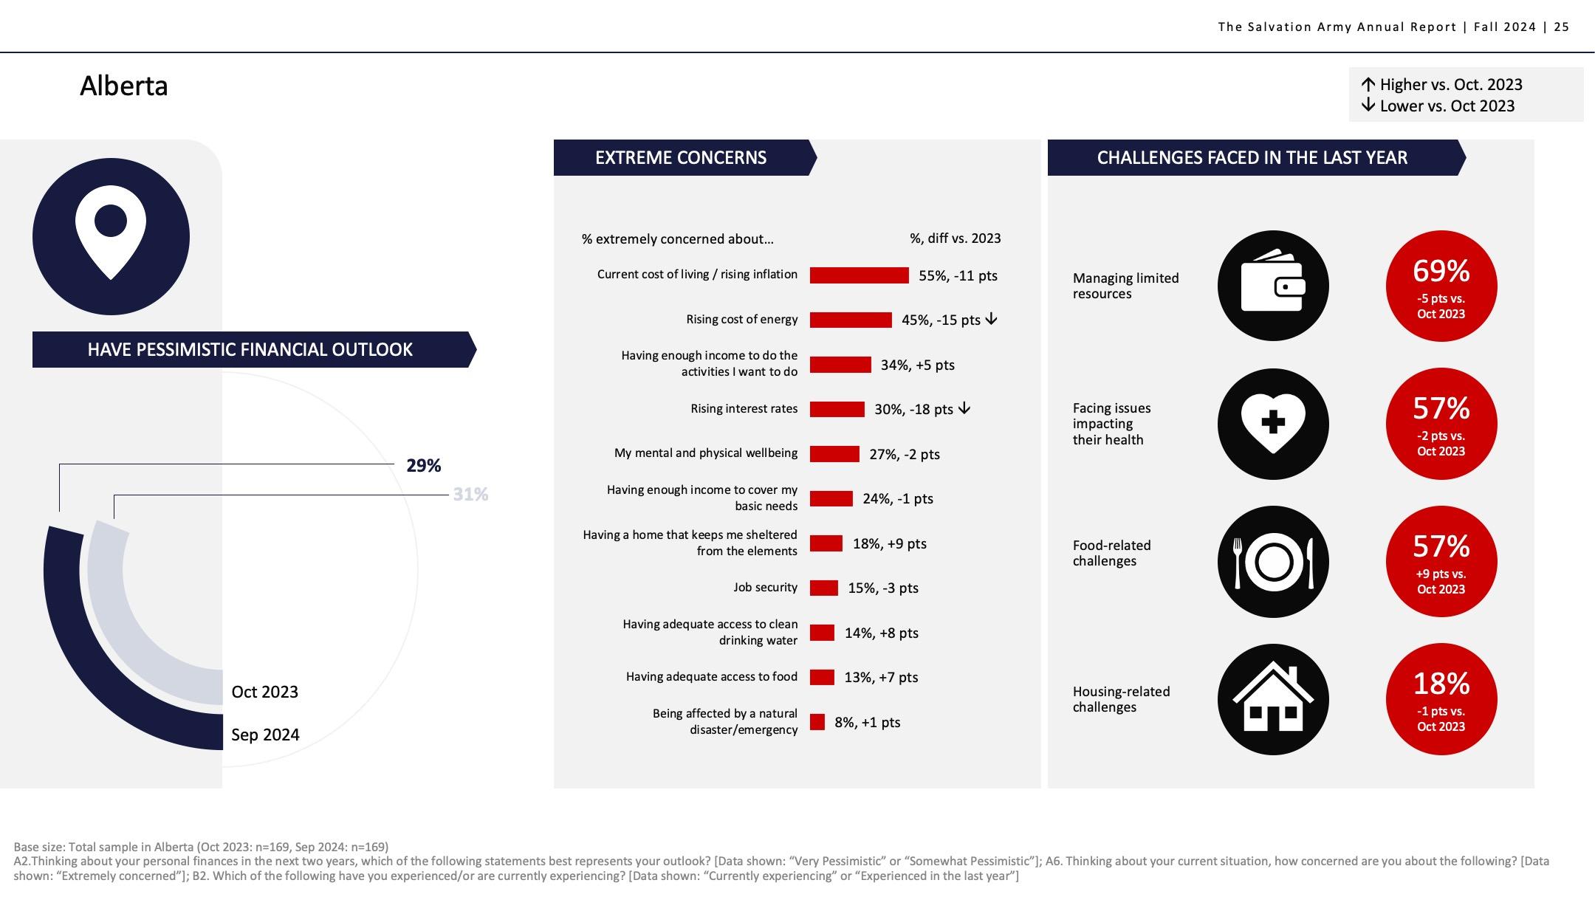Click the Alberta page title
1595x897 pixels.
(x=123, y=86)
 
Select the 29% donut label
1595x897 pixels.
(x=423, y=466)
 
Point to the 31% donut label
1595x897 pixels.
(x=470, y=495)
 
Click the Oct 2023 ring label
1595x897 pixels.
(x=264, y=692)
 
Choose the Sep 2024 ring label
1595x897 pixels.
(x=265, y=735)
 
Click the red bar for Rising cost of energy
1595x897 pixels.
(x=851, y=320)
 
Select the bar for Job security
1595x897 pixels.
(x=824, y=588)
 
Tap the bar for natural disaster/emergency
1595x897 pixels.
(x=817, y=722)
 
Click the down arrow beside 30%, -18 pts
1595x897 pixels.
(x=964, y=408)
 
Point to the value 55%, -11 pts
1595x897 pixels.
(x=958, y=275)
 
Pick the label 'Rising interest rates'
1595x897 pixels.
(x=744, y=408)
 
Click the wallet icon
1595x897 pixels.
(x=1272, y=286)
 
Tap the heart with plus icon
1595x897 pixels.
(x=1272, y=423)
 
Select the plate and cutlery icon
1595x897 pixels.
(x=1272, y=561)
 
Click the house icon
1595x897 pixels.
(x=1272, y=698)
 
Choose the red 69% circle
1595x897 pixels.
(x=1441, y=286)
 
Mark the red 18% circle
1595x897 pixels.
(x=1441, y=698)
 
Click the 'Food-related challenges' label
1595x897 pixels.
(x=1111, y=553)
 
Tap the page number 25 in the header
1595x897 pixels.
(x=1562, y=27)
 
